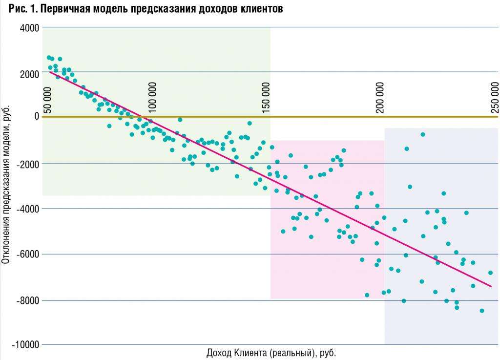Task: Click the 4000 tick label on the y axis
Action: point(29,28)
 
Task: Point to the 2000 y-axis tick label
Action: point(29,73)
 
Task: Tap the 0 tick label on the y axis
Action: point(36,116)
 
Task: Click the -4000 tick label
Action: point(28,209)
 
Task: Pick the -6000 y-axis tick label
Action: point(28,254)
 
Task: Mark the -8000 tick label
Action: point(28,300)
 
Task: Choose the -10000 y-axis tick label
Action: point(26,345)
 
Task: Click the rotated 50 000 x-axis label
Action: point(47,101)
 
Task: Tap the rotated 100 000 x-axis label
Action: point(153,97)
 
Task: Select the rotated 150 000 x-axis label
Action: point(267,97)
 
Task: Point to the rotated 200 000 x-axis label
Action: point(380,97)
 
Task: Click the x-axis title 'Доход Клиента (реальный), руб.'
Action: point(271,353)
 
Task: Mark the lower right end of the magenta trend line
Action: point(491,286)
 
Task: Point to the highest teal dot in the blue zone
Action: point(423,134)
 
